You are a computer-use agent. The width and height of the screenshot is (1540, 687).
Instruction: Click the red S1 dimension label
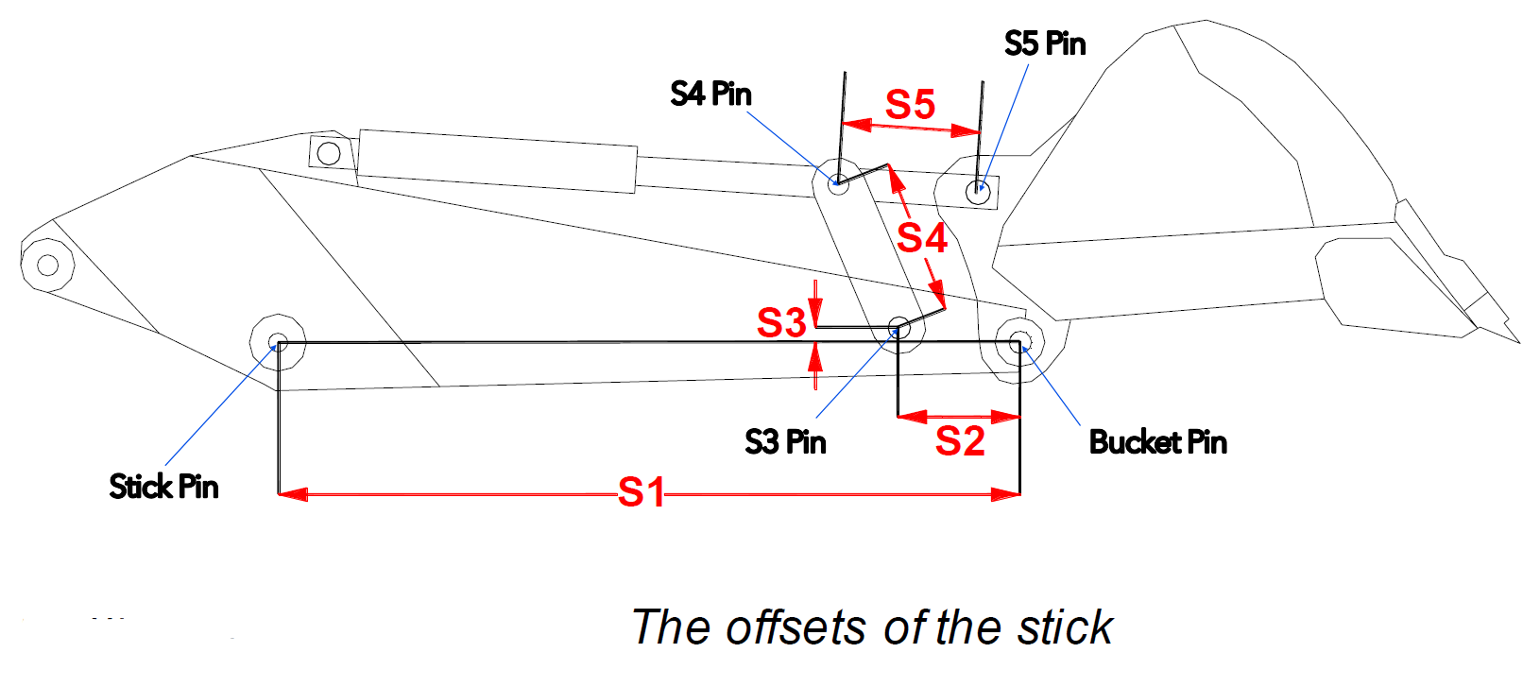click(x=642, y=492)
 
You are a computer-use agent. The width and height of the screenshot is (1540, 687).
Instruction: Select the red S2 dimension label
click(x=960, y=441)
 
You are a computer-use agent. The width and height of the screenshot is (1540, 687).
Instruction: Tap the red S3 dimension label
click(x=781, y=323)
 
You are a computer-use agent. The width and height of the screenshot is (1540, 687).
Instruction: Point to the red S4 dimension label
click(x=922, y=238)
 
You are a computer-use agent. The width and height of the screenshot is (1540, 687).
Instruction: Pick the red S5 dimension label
click(x=910, y=105)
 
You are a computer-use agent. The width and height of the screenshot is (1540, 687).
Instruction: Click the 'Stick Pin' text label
click(x=163, y=487)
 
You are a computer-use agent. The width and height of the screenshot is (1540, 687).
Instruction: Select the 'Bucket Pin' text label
click(x=1157, y=442)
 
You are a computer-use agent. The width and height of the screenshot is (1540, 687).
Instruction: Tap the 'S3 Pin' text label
click(x=785, y=442)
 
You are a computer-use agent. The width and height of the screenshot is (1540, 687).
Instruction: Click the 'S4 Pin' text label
click(x=710, y=94)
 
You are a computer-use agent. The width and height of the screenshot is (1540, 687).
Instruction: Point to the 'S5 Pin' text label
click(x=1045, y=43)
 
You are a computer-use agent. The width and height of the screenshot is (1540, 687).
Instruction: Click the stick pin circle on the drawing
click(x=277, y=341)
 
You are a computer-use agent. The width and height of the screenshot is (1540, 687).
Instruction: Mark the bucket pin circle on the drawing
click(x=1018, y=341)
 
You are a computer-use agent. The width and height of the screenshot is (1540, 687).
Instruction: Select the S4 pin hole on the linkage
click(x=838, y=183)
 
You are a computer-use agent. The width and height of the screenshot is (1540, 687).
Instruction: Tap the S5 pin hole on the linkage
click(x=978, y=192)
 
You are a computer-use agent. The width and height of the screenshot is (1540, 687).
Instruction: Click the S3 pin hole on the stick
click(x=899, y=328)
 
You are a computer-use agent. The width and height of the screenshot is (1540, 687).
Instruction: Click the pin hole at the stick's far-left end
click(x=47, y=264)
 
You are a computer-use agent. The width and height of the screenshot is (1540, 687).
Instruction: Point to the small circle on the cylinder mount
click(x=328, y=152)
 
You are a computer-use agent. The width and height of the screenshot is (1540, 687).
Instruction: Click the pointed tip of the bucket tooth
click(x=1517, y=341)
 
